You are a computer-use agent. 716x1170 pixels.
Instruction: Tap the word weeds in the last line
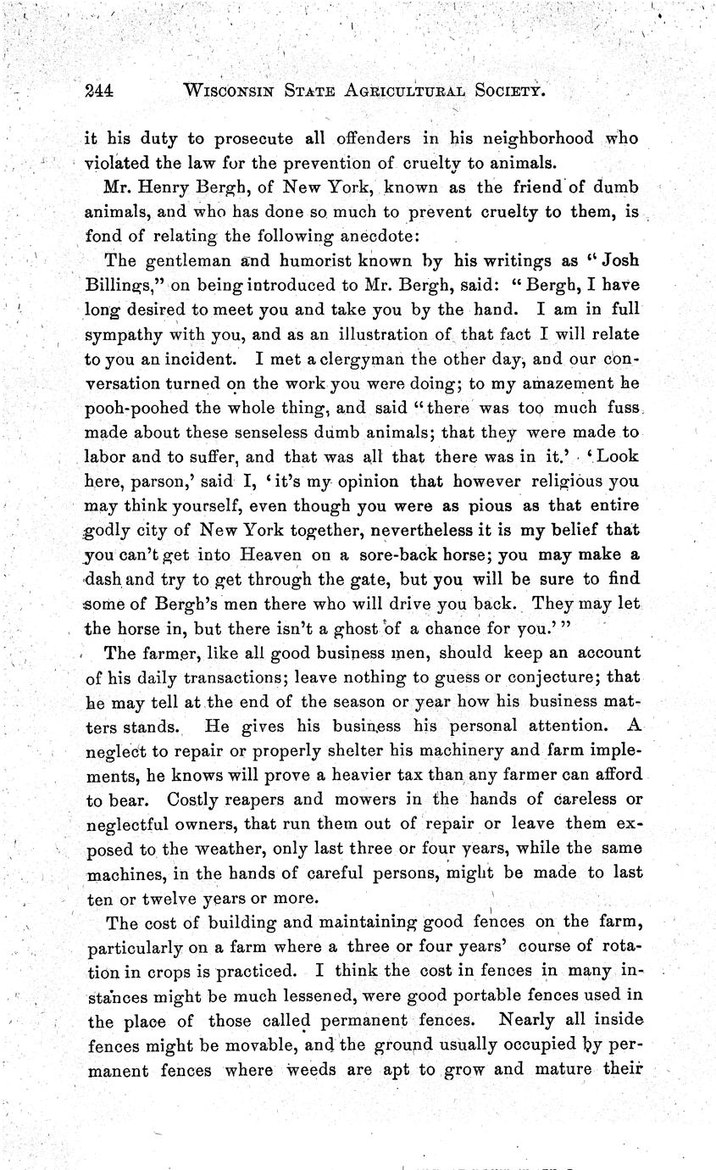coord(315,1071)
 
